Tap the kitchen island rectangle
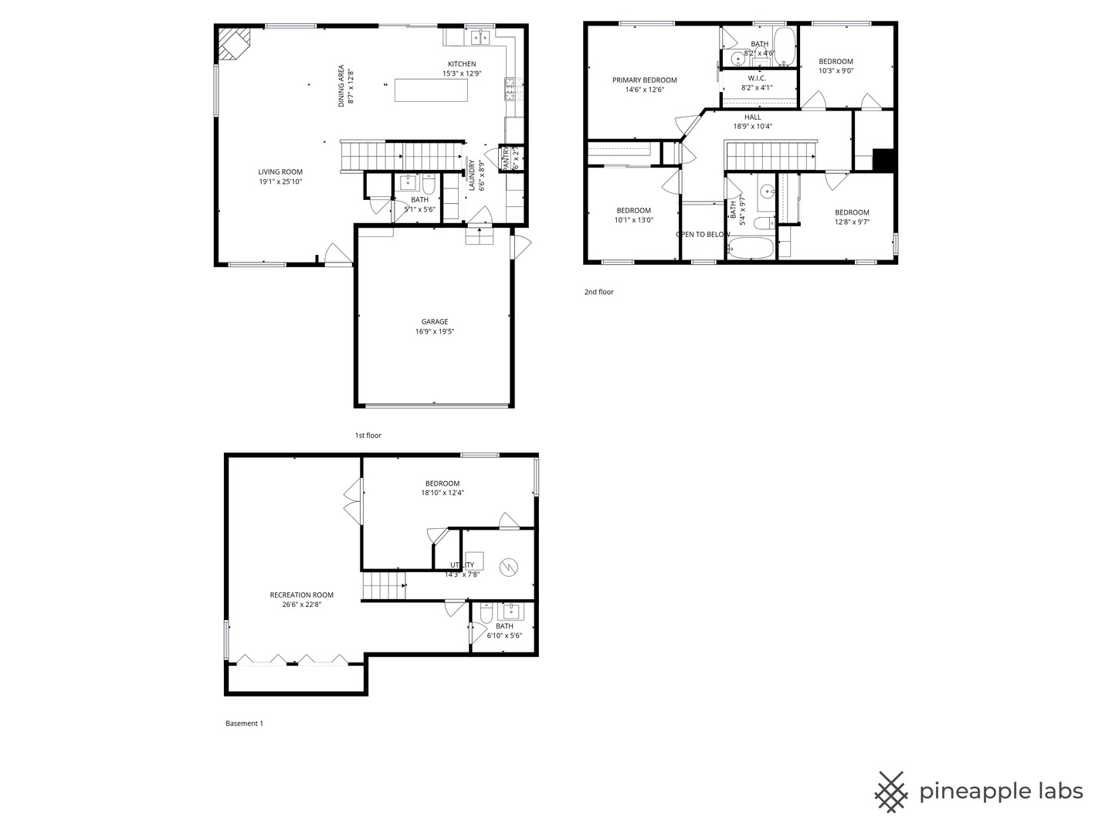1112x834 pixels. click(x=431, y=90)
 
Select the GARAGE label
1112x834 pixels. click(x=435, y=322)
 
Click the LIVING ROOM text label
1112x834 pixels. click(x=280, y=172)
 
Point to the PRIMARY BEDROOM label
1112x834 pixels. click(x=645, y=80)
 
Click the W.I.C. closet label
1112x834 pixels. click(x=756, y=78)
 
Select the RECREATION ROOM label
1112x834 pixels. click(x=301, y=595)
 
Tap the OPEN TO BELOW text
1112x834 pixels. click(x=703, y=235)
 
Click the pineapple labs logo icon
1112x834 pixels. click(x=891, y=792)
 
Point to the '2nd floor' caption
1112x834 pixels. click(x=598, y=292)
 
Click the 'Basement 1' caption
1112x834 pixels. click(x=244, y=724)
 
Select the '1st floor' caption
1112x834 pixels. click(x=368, y=436)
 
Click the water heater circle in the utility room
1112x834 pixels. click(x=509, y=568)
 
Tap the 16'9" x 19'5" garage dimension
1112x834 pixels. click(x=435, y=332)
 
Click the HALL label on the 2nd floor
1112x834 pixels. click(x=752, y=117)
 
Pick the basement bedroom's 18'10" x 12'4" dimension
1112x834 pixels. click(x=442, y=493)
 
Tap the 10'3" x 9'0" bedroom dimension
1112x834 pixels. click(x=836, y=71)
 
